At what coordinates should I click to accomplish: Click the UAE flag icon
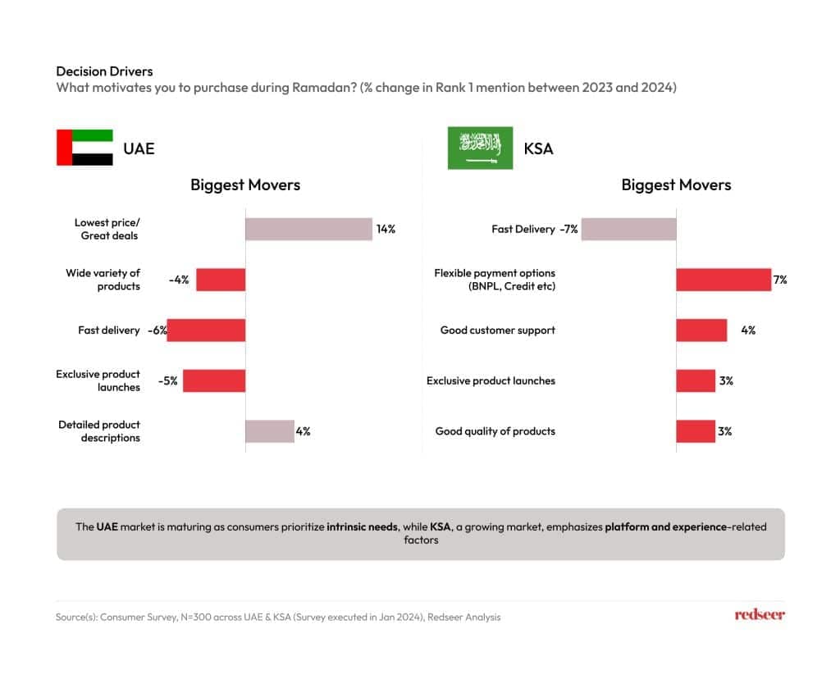pos(84,148)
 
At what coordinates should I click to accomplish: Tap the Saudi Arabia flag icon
pos(480,148)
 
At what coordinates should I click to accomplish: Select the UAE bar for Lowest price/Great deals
pos(308,229)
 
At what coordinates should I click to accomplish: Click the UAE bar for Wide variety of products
pos(221,280)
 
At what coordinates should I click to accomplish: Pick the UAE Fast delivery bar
pos(206,330)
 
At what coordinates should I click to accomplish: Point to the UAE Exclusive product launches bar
pos(214,380)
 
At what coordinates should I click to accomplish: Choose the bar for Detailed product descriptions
pos(270,430)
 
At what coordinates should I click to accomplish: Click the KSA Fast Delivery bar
pos(628,229)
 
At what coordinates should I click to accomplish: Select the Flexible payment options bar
pos(724,280)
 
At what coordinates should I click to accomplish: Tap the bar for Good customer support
pos(701,330)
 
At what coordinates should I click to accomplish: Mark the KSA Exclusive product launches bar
pos(696,380)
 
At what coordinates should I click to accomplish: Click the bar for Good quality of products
pos(696,430)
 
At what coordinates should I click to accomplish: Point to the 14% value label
pos(386,229)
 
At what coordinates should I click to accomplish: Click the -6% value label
pos(157,330)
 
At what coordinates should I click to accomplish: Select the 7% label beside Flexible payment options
pos(779,280)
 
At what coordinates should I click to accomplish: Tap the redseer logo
pos(760,615)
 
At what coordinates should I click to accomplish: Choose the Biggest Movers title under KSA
pos(676,184)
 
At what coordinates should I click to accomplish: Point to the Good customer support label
pos(497,330)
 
